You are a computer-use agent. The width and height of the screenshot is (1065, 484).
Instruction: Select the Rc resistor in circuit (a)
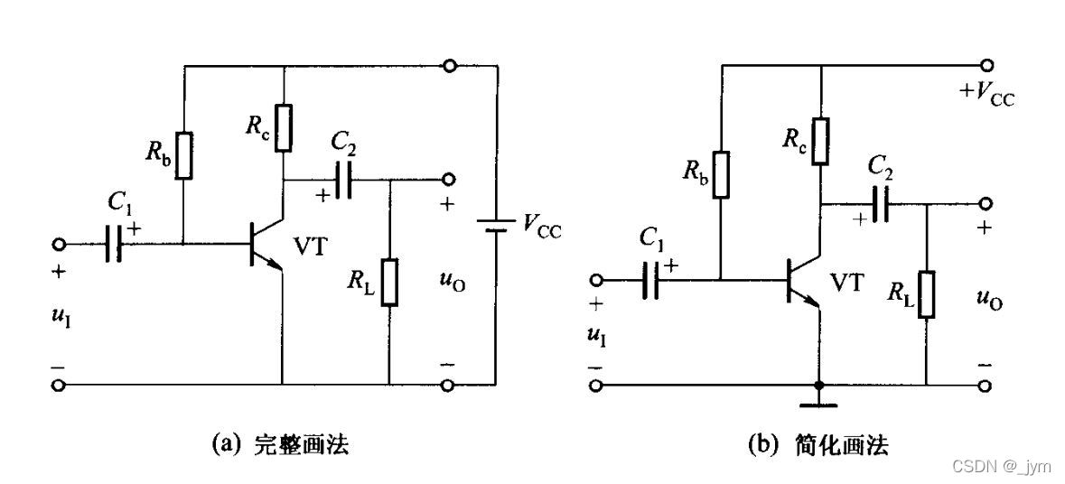(284, 127)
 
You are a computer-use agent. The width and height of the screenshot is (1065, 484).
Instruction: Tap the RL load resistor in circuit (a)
(389, 281)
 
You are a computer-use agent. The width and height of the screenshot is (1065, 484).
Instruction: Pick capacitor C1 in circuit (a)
(113, 244)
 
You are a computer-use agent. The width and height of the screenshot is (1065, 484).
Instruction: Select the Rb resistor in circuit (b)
(721, 174)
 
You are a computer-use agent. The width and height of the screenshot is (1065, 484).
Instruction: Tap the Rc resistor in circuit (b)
(819, 140)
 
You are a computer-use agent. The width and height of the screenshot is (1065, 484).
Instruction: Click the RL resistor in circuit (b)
(927, 293)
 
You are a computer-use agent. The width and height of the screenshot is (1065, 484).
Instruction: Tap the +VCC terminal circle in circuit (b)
(986, 65)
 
